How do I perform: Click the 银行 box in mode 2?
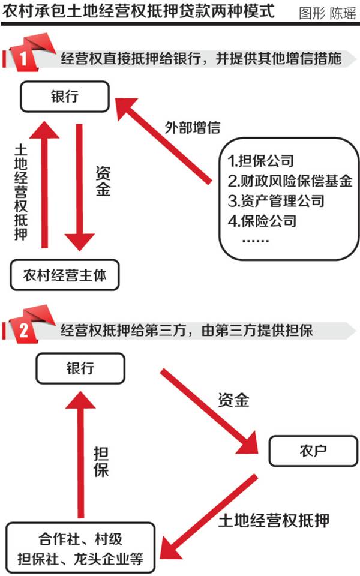click(80, 368)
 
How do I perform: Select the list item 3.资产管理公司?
click(276, 200)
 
